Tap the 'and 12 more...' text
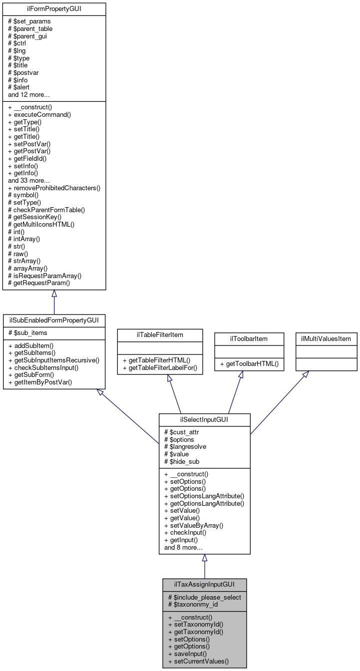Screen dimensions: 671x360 tap(28, 94)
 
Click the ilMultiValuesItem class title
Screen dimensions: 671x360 tap(326, 338)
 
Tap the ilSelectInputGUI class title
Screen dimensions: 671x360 tap(204, 419)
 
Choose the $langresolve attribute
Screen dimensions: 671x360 tap(185, 446)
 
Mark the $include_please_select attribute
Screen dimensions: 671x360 tap(204, 597)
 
